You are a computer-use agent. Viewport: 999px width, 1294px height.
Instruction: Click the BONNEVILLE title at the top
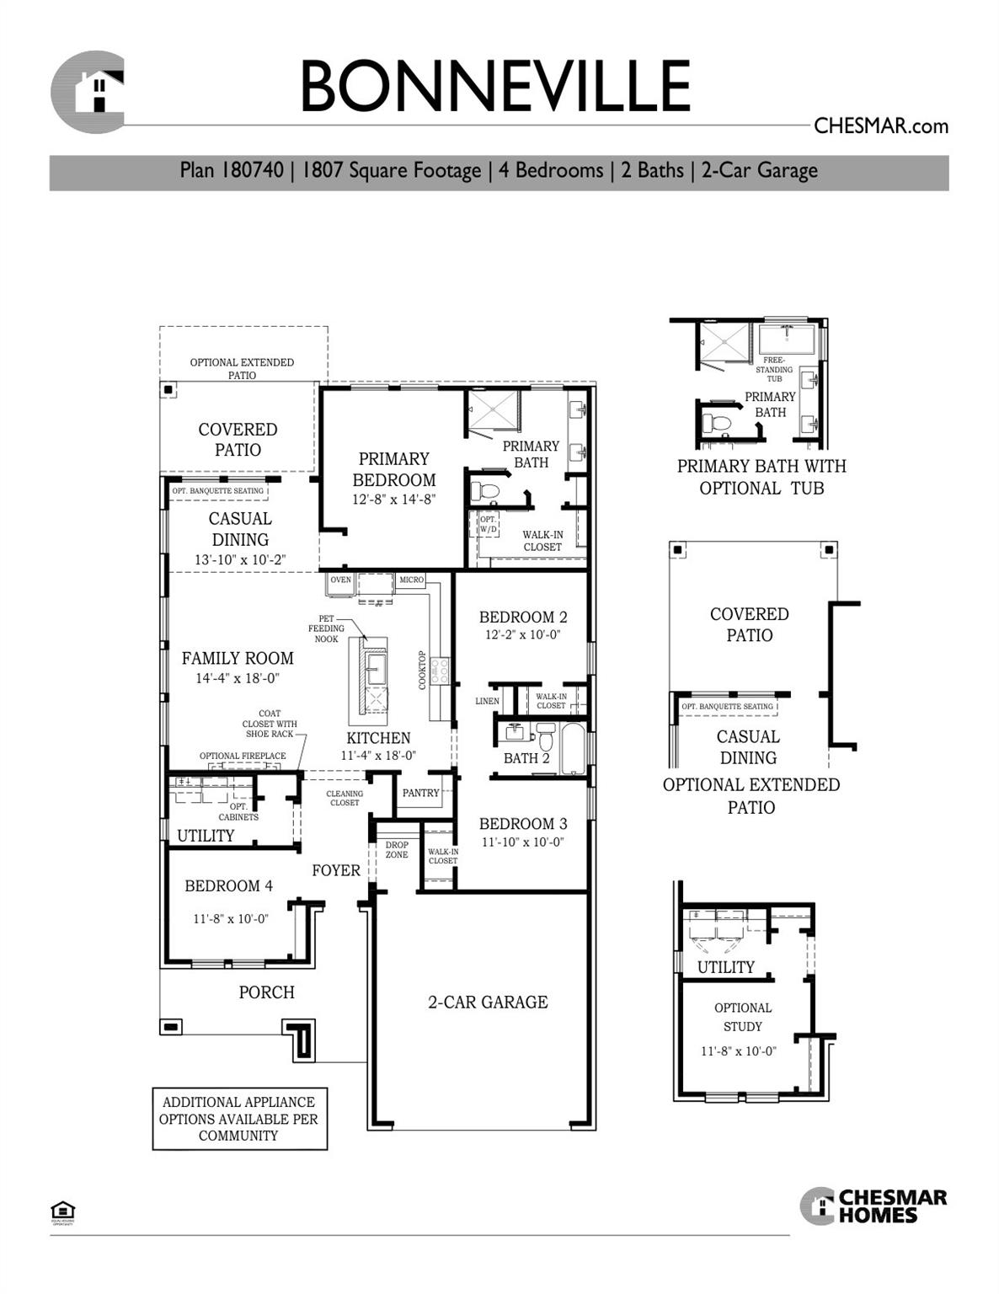click(x=495, y=86)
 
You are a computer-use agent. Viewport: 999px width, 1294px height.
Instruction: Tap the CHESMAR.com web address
click(x=880, y=126)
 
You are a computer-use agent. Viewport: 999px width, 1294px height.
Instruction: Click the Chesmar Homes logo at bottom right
click(x=873, y=1206)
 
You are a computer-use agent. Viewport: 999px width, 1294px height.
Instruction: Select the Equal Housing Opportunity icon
click(x=63, y=1211)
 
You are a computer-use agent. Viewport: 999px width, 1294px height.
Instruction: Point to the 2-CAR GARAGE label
click(x=488, y=1002)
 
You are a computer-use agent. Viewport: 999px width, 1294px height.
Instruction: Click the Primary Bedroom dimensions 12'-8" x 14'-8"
click(x=393, y=500)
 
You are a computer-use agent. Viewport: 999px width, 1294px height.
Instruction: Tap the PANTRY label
click(x=420, y=793)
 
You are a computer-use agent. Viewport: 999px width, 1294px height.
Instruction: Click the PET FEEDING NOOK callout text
click(x=326, y=628)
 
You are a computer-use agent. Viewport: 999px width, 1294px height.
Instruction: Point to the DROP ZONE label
click(x=397, y=850)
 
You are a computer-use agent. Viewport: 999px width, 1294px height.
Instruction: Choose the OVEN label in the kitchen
click(x=340, y=580)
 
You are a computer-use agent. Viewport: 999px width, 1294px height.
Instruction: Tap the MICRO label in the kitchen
click(x=412, y=580)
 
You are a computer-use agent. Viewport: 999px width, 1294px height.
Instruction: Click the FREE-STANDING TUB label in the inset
click(x=773, y=369)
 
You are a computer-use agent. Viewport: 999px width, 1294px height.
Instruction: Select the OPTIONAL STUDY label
click(x=742, y=1017)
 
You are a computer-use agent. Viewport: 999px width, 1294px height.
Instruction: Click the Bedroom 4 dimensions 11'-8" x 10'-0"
click(x=230, y=919)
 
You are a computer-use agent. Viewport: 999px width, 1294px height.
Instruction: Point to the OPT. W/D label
click(x=489, y=524)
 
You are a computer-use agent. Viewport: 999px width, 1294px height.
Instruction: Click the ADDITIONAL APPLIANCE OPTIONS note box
click(x=239, y=1119)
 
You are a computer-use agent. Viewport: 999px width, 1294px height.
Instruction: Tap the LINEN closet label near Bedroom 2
click(x=487, y=701)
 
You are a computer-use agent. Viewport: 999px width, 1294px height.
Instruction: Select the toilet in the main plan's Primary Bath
click(x=486, y=490)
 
